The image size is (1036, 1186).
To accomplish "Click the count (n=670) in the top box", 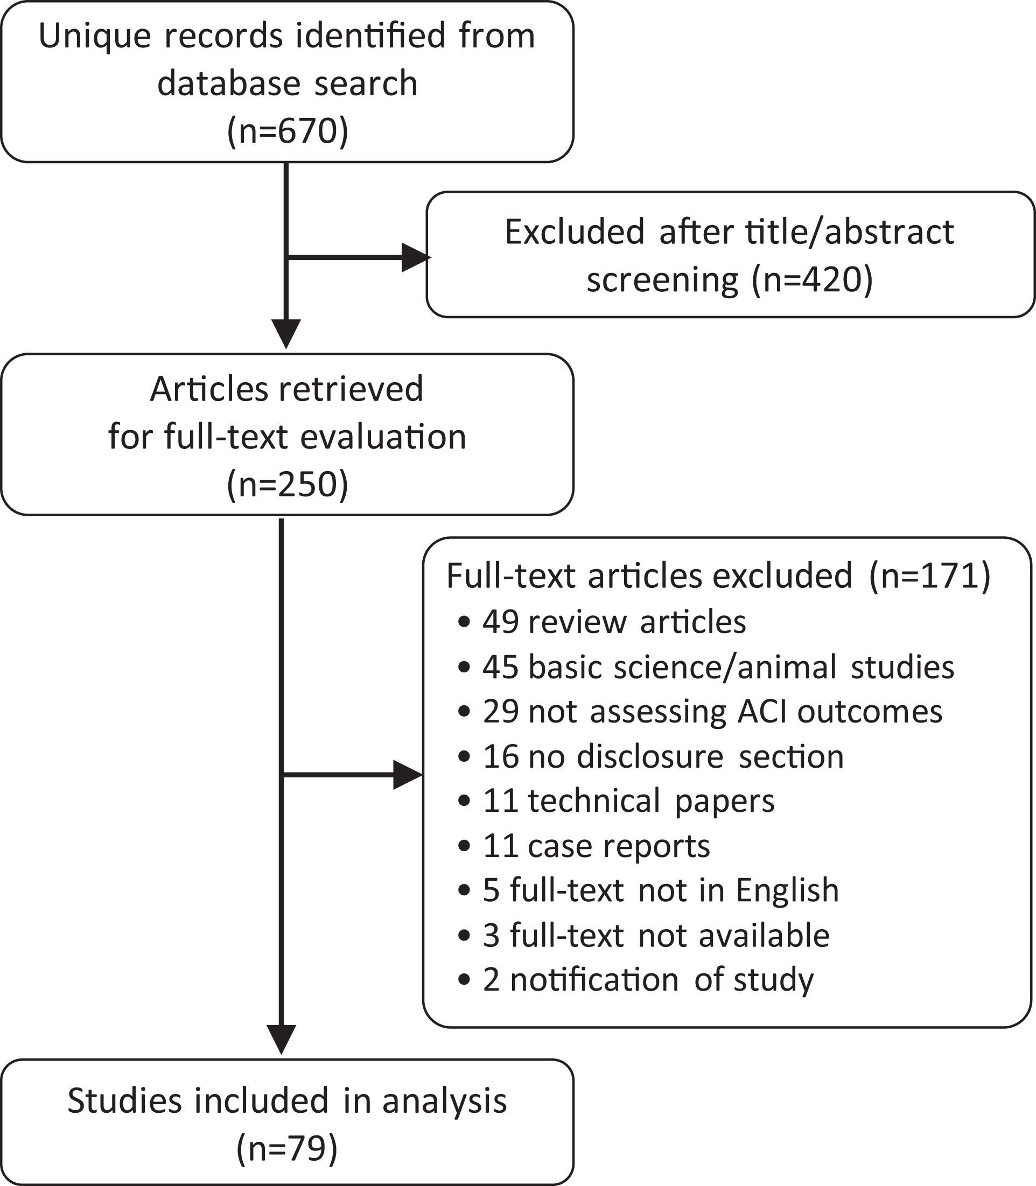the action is coord(288,131).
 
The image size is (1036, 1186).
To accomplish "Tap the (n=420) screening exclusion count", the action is coord(811,280).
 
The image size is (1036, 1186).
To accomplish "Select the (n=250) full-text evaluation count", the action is coord(288,484).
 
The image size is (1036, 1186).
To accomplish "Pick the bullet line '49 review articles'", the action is coord(602,622).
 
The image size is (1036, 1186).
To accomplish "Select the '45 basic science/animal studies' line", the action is coord(706,667).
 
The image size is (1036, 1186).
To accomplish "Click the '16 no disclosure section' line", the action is coord(650,756).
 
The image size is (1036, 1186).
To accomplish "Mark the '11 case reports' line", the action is coord(583,846).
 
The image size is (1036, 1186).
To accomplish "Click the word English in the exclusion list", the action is coord(787,890).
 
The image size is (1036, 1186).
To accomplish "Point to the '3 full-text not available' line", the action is coord(643,936).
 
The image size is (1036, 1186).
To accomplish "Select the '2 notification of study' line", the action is coord(635,980).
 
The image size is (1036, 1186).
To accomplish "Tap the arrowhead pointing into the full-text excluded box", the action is coord(408,775).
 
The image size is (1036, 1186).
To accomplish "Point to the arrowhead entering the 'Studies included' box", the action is coord(282,1039).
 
